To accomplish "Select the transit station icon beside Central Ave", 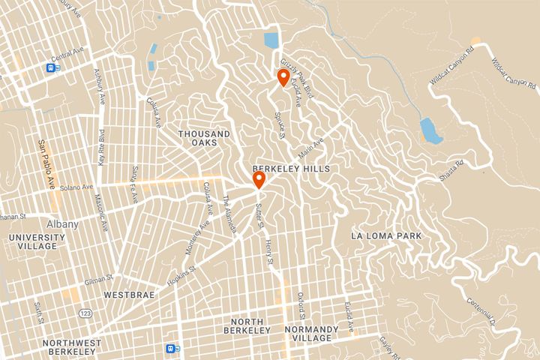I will (51, 68).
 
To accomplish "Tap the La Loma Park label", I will (386, 236).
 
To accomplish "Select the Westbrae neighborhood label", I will (129, 295).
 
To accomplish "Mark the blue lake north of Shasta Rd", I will (430, 130).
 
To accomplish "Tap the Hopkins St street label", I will (183, 273).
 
